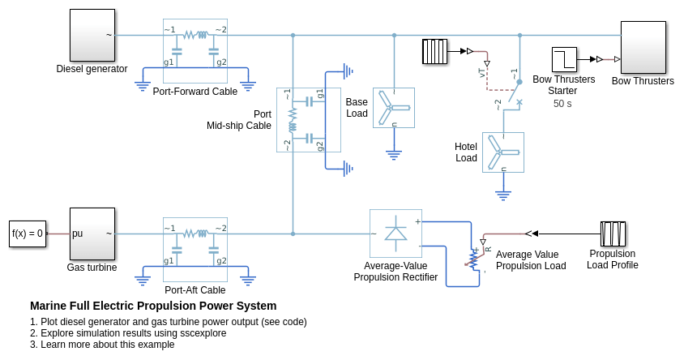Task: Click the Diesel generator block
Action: pyautogui.click(x=92, y=35)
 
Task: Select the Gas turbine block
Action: pyautogui.click(x=92, y=234)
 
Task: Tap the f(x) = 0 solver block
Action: pyautogui.click(x=28, y=234)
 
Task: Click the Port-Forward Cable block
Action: pyautogui.click(x=195, y=51)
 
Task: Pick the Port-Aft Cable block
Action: pyautogui.click(x=195, y=250)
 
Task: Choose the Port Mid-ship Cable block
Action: pyautogui.click(x=308, y=120)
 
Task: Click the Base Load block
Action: pyautogui.click(x=394, y=108)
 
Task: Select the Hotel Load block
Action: pyautogui.click(x=503, y=152)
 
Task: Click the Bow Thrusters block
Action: pyautogui.click(x=643, y=47)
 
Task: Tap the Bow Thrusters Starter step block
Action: pyautogui.click(x=564, y=59)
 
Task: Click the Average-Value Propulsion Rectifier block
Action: pyautogui.click(x=395, y=234)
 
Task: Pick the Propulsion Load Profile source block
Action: pyautogui.click(x=613, y=234)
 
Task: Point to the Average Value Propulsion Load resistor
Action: pyautogui.click(x=474, y=258)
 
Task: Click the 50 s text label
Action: pyautogui.click(x=562, y=104)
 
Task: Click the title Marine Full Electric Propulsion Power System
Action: pyautogui.click(x=153, y=306)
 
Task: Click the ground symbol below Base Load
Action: pyautogui.click(x=394, y=153)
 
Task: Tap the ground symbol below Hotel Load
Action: pyautogui.click(x=503, y=195)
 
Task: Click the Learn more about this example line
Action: pyautogui.click(x=102, y=345)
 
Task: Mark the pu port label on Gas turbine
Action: pyautogui.click(x=78, y=234)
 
